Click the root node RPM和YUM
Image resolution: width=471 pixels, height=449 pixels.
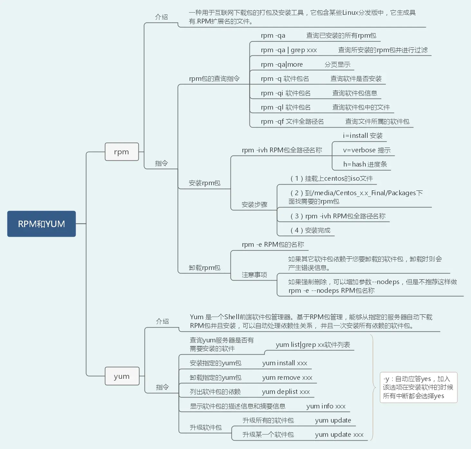click(x=42, y=224)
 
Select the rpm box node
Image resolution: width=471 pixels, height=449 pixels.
click(x=122, y=152)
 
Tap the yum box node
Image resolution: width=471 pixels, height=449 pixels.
click(x=122, y=376)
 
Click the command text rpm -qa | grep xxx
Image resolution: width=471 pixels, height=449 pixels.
click(x=289, y=50)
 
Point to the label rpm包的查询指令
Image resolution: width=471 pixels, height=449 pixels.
click(x=214, y=79)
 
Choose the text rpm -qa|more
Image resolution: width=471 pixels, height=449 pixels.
click(x=282, y=64)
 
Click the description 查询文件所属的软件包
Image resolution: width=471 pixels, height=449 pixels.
click(x=377, y=121)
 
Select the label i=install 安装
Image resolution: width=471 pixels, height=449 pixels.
click(x=363, y=136)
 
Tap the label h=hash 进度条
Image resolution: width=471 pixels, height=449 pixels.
click(x=365, y=164)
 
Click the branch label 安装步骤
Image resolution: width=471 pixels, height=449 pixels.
click(x=254, y=205)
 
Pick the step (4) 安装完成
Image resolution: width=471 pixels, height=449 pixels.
click(x=310, y=230)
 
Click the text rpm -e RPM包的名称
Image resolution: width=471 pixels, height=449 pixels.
click(x=273, y=244)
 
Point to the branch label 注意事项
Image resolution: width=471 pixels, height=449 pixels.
click(x=254, y=275)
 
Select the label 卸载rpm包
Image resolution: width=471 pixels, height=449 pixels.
click(x=205, y=268)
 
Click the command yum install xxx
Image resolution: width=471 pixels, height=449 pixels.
click(x=285, y=363)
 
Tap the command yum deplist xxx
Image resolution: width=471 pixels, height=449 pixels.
click(x=286, y=392)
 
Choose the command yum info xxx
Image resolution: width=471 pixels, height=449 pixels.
click(x=326, y=406)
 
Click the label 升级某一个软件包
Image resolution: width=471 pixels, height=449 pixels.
click(x=268, y=435)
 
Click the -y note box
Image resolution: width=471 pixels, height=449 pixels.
click(x=419, y=387)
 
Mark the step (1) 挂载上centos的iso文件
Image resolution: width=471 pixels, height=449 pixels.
click(x=332, y=178)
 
